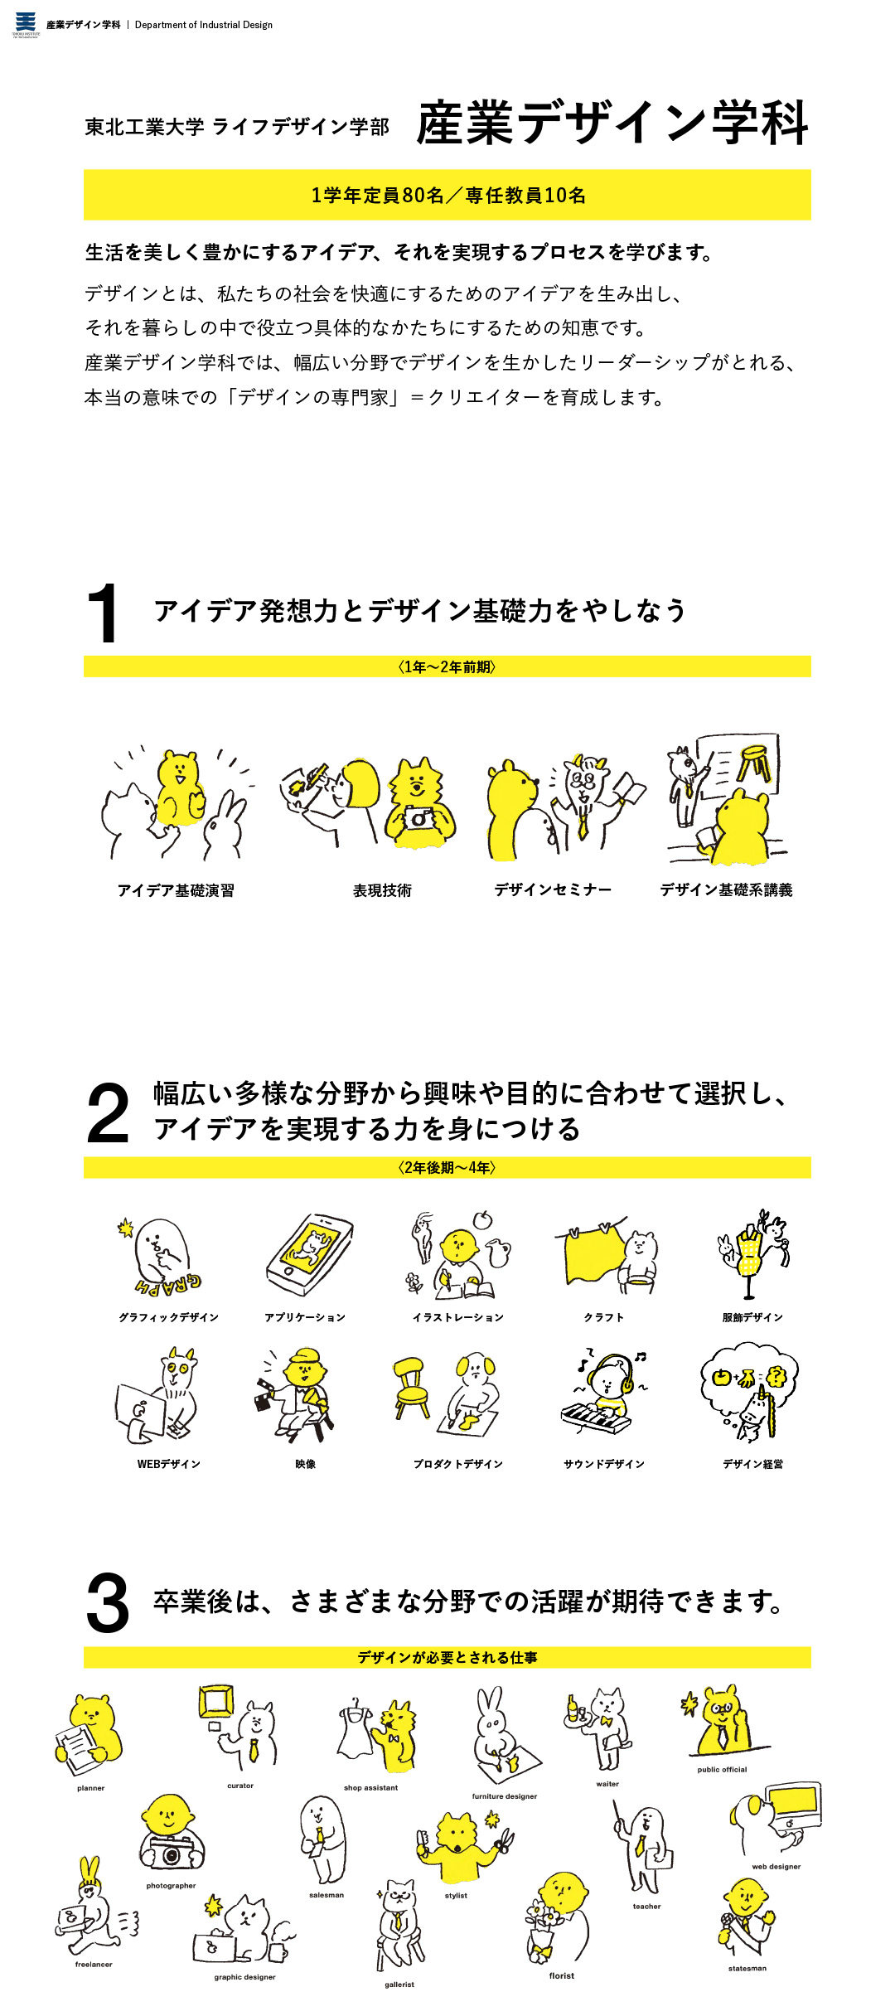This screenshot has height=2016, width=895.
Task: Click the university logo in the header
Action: coord(26,24)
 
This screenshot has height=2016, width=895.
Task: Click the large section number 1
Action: coord(104,613)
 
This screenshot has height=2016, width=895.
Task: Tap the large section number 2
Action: coord(108,1112)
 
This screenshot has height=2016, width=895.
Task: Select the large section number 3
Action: coord(108,1603)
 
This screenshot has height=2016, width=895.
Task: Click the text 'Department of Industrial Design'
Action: coord(204,25)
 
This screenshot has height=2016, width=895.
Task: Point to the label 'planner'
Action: coord(91,1788)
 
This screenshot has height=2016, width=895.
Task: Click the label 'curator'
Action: coord(240,1786)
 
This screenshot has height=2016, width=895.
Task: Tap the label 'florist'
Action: coord(562,1975)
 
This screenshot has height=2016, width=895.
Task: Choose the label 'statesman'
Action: coord(747,1968)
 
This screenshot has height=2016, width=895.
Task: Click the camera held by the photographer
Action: coord(172,1852)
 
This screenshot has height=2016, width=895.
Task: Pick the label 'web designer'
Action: coord(776,1867)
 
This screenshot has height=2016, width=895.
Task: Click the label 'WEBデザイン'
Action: coord(169,1464)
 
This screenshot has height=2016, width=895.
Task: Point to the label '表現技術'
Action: coord(382,890)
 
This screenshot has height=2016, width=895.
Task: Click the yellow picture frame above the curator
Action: coord(216,1701)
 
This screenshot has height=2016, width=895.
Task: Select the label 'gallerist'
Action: coord(399,1984)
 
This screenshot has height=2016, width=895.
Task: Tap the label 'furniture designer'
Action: coord(505,1796)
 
